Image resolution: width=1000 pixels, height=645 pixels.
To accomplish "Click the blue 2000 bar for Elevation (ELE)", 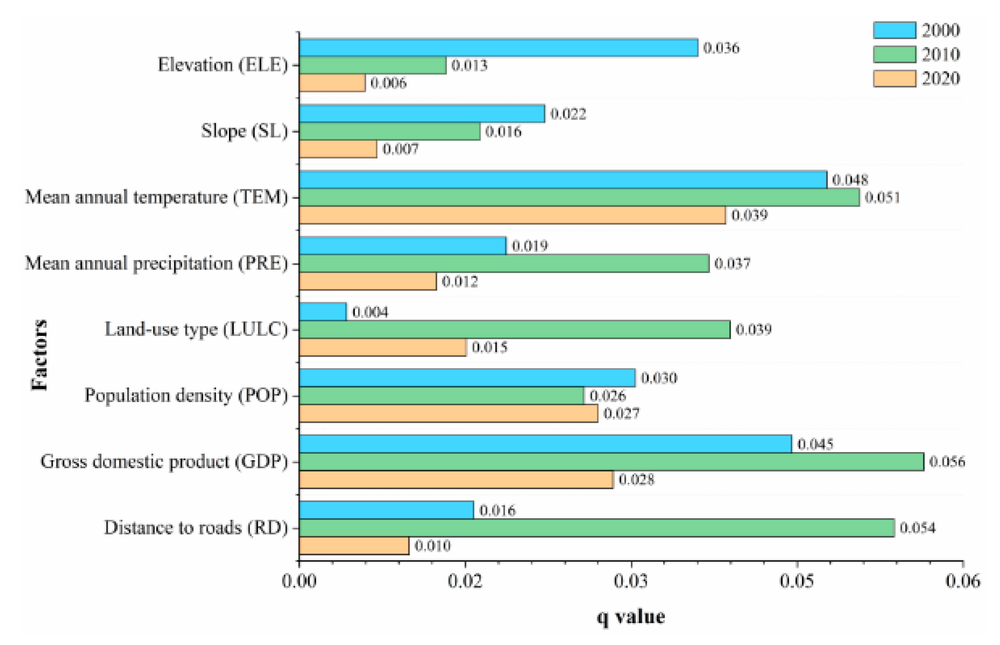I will (498, 47).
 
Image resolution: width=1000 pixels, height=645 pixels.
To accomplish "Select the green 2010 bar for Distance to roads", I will (597, 528).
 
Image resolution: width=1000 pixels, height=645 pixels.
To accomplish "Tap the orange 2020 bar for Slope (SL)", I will (338, 149).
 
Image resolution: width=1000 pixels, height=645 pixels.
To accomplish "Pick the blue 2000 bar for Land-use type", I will (323, 312).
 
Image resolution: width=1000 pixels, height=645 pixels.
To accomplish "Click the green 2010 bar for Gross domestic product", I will (611, 462).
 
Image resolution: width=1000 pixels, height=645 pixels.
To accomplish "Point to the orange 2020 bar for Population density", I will (448, 413).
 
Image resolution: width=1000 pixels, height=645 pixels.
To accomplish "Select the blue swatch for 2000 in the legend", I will (894, 30).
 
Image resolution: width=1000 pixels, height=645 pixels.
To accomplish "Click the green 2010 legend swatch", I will (894, 54).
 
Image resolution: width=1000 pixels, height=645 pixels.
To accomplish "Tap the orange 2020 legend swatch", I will (894, 78).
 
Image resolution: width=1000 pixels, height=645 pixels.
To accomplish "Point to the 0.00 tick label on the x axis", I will (299, 581).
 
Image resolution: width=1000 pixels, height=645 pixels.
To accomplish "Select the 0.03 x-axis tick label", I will (631, 581).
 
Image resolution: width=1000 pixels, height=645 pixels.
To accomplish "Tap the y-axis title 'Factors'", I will (40, 355).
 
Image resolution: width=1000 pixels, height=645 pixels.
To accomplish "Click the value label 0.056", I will (947, 462).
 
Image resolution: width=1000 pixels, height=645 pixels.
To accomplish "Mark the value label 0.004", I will (370, 312).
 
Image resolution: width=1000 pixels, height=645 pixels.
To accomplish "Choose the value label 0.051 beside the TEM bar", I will (882, 197).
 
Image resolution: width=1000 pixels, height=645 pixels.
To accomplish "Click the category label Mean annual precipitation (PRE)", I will (157, 264).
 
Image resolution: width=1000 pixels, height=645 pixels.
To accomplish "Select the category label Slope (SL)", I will (244, 131).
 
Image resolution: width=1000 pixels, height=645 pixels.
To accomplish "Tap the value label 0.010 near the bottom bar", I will (432, 546).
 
